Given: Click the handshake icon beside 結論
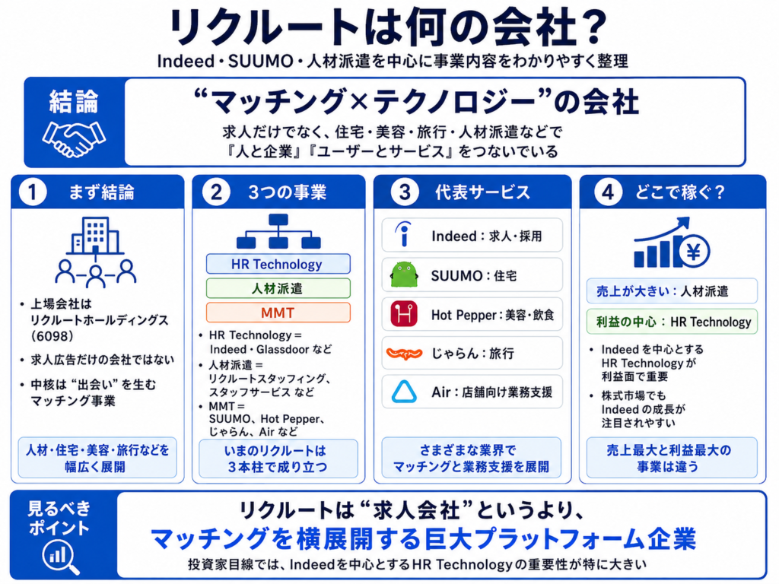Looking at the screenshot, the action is [74, 138].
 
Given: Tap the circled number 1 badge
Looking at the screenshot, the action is [33, 192].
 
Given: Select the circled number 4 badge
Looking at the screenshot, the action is [608, 192].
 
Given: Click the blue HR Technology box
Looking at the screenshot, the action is [278, 264].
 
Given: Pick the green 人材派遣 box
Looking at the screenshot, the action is [278, 288].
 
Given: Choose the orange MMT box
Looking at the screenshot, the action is [278, 313].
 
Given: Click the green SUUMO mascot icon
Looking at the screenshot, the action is [404, 275].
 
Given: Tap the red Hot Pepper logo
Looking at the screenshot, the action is [404, 314].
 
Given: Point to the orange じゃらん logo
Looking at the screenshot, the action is [404, 354].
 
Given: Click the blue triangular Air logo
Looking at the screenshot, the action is [404, 392].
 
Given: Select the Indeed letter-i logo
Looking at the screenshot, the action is [404, 234].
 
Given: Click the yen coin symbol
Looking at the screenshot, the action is [694, 252].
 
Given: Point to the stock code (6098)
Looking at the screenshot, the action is [52, 336].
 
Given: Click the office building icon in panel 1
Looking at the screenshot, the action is [95, 236].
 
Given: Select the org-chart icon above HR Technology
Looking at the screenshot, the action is [278, 231].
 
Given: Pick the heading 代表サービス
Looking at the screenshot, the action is [482, 192].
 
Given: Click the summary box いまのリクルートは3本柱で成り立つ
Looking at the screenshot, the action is [278, 459].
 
